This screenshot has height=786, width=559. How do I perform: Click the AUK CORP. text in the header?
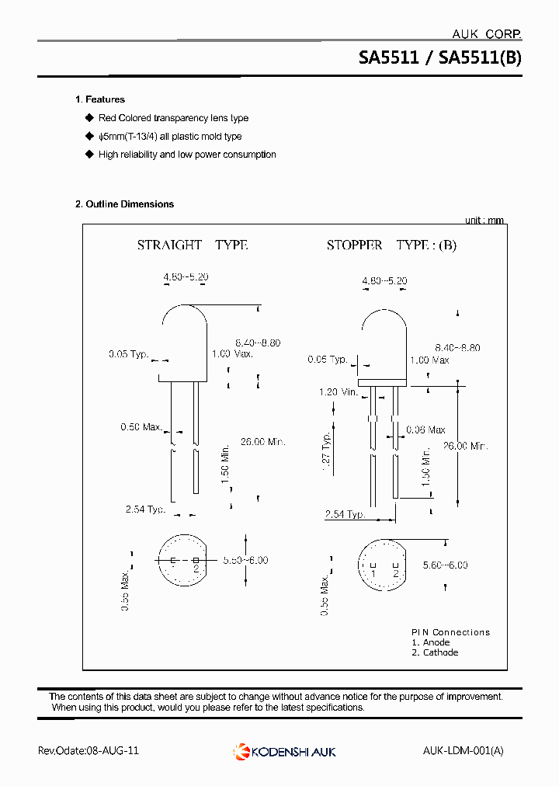[x=486, y=33]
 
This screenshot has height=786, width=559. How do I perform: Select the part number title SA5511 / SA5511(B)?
[x=439, y=57]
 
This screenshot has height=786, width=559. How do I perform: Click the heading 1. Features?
[x=99, y=99]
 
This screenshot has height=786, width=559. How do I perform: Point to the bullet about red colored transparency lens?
[x=172, y=118]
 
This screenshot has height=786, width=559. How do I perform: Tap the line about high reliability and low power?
[x=186, y=155]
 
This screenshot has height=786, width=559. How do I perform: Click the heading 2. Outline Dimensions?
[x=124, y=204]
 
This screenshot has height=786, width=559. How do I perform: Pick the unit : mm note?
[x=484, y=221]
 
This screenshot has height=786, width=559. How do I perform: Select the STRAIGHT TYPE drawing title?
[x=192, y=245]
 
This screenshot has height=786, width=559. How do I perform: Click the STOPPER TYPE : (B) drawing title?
[x=391, y=245]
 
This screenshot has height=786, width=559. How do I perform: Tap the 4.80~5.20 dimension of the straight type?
[x=186, y=277]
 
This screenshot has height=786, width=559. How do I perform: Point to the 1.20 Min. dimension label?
[x=338, y=392]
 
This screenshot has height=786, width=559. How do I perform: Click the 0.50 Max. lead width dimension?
[x=141, y=427]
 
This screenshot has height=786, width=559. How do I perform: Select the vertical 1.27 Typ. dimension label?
[x=327, y=450]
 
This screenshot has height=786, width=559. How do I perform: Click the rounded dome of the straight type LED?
[x=184, y=321]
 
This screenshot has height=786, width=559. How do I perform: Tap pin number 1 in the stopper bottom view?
[x=373, y=573]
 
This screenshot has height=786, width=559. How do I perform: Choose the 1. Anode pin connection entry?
[x=431, y=642]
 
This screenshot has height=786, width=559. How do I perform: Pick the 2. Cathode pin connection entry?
[x=435, y=652]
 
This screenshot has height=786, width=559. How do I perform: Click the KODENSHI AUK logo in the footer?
[x=285, y=751]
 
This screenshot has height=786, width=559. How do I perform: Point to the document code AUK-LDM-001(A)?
[x=464, y=751]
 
